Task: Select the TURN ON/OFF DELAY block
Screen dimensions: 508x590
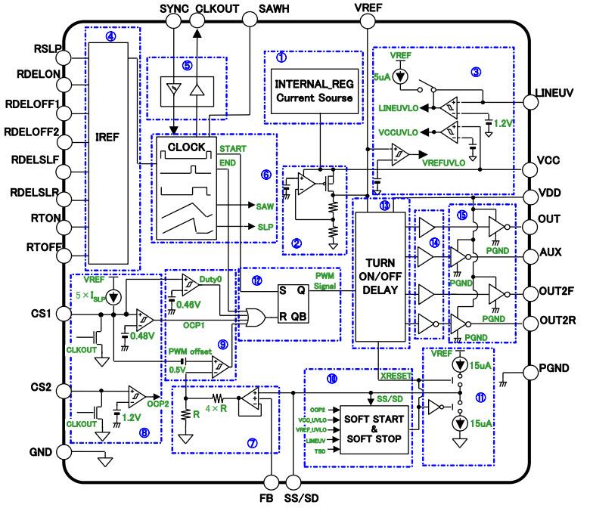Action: pos(379,272)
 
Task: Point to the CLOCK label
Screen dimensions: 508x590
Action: pos(185,147)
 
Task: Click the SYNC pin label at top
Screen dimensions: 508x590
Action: pos(173,8)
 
